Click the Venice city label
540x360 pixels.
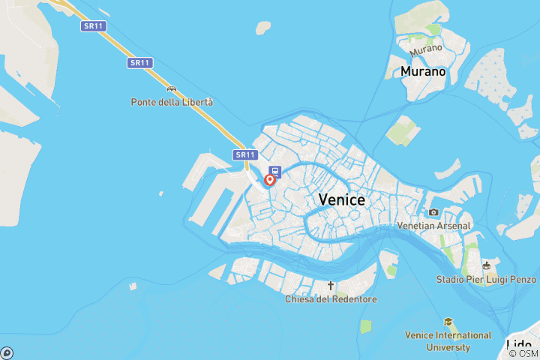click(341, 199)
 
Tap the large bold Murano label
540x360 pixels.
click(423, 72)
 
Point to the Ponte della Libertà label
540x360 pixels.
click(172, 102)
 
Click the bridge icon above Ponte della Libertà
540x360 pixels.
click(172, 88)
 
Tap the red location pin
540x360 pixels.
click(269, 181)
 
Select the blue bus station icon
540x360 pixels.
click(275, 172)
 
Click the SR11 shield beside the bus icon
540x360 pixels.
click(245, 155)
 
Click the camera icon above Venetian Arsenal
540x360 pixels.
click(433, 212)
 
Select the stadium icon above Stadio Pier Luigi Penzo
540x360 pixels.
click(487, 265)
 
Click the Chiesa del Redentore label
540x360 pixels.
click(331, 299)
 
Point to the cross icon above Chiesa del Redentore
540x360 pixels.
click(331, 286)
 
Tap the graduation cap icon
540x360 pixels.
click(448, 322)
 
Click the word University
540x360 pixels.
click(448, 347)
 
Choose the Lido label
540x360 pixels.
click(519, 346)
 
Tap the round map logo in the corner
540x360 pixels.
click(6, 352)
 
